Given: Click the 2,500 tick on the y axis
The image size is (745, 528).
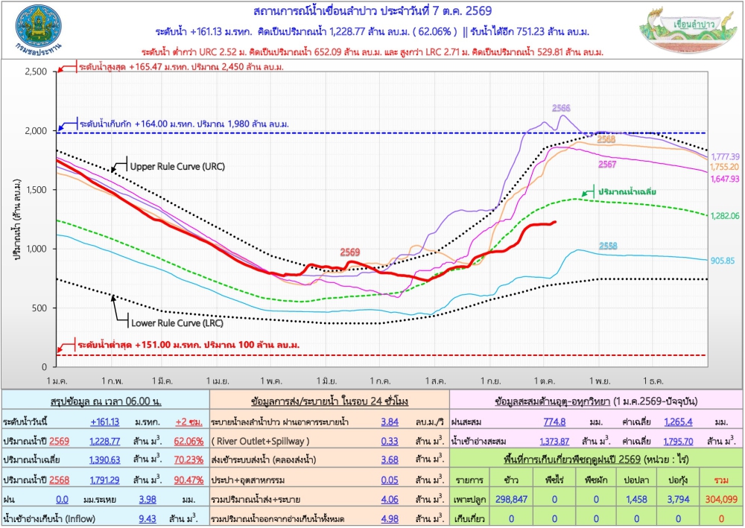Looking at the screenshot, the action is click(x=36, y=71).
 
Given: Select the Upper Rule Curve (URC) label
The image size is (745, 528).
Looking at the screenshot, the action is click(x=177, y=167).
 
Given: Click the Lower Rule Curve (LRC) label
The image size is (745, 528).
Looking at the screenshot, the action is click(x=177, y=323).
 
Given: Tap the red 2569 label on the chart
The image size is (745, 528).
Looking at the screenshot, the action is click(x=349, y=252).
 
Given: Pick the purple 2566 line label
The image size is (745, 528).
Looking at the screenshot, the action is click(x=561, y=108).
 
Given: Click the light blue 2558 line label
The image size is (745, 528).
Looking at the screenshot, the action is click(x=608, y=246).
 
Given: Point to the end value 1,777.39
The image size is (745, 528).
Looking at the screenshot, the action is click(x=725, y=156).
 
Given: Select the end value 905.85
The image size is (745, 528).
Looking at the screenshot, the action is click(x=722, y=261).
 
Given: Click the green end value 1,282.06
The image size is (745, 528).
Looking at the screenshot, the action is click(x=725, y=215).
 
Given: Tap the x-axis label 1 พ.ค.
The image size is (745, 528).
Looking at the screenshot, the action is click(x=271, y=381).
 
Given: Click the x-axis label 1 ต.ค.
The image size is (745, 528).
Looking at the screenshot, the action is click(x=544, y=381).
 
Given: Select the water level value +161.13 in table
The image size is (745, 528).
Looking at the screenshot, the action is click(x=104, y=422).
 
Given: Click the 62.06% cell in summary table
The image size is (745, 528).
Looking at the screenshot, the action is click(x=188, y=441).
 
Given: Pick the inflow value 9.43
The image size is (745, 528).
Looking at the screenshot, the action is click(x=148, y=518).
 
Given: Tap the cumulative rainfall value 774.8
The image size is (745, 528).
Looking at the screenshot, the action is click(x=554, y=422).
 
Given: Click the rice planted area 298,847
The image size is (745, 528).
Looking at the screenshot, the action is click(x=511, y=499).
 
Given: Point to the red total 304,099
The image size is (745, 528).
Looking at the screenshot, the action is click(x=721, y=499).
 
